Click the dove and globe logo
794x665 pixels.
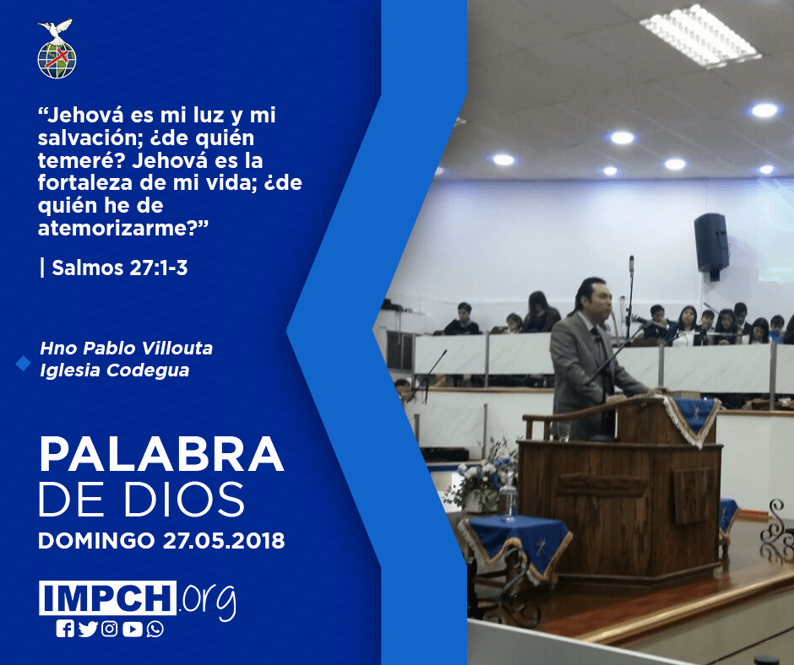click(57, 49)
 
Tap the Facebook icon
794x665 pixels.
click(65, 629)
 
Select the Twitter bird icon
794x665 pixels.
click(88, 629)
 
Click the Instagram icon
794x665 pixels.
click(109, 629)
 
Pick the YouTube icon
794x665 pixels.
click(132, 629)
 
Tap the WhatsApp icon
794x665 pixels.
click(155, 629)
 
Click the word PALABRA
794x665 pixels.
click(161, 455)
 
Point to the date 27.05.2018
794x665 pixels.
click(224, 540)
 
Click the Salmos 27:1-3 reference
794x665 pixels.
click(119, 268)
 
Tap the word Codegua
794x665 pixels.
click(148, 370)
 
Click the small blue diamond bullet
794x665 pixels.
click(24, 363)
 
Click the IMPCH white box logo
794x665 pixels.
click(107, 597)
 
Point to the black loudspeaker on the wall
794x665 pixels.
click(711, 245)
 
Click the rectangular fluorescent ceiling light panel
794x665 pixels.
click(700, 35)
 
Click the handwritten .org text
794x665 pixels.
click(208, 600)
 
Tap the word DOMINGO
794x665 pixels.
click(96, 540)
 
